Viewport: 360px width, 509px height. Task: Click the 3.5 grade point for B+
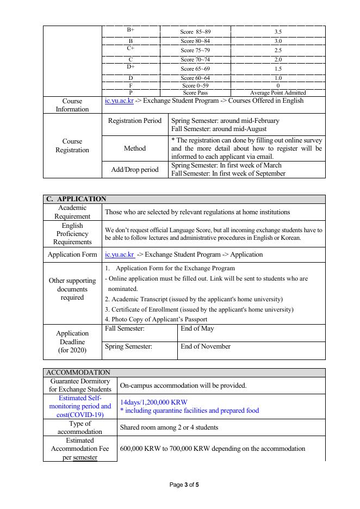pos(278,32)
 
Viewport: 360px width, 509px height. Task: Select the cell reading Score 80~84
pos(195,41)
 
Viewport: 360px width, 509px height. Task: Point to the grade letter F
pos(131,86)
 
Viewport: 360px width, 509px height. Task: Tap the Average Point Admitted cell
pos(278,93)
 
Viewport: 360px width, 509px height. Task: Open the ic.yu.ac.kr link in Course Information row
pos(119,101)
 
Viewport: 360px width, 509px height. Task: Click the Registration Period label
pos(135,121)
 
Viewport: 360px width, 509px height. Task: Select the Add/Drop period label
pos(135,170)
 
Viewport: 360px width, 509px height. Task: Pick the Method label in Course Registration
pos(135,148)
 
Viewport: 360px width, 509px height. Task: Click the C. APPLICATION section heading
pos(76,199)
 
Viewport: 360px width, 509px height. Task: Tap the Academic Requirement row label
pos(72,212)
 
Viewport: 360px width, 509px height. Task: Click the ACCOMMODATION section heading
pos(78,373)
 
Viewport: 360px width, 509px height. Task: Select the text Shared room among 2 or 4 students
pos(169,427)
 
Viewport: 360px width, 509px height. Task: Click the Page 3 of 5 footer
pos(185,485)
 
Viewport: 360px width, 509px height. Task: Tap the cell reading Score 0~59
pos(195,86)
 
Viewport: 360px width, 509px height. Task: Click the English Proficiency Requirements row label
pos(72,234)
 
